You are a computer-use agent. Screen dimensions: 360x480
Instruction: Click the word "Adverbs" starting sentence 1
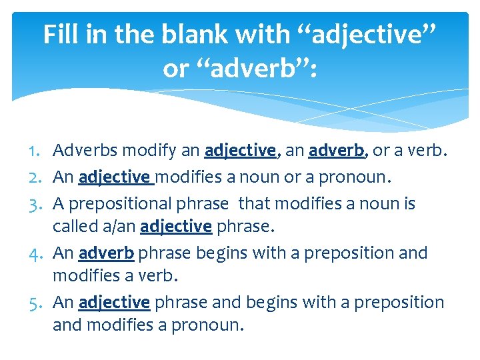point(81,151)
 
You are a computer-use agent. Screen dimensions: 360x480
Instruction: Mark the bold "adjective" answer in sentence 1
point(240,151)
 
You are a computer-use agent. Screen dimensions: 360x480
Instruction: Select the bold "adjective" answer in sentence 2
point(114,178)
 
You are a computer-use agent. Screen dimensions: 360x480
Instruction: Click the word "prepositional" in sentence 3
point(116,203)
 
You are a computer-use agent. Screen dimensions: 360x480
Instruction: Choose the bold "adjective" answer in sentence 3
point(176,227)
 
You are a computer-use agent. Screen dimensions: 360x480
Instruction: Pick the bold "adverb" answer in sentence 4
point(107,253)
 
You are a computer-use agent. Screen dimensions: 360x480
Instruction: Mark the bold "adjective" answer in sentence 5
point(114,303)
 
